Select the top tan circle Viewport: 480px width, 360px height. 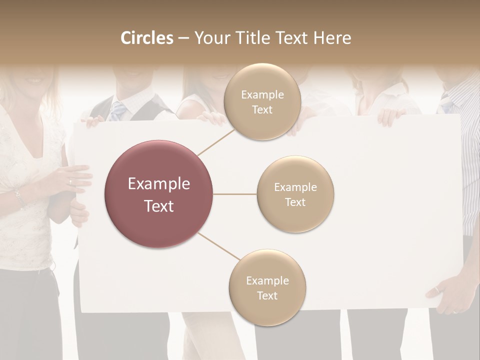coord(262,101)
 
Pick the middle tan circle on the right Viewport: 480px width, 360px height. coord(295,194)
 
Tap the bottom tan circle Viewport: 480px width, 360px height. coord(267,287)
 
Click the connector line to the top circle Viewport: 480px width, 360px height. coord(216,141)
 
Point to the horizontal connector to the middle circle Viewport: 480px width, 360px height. coord(234,194)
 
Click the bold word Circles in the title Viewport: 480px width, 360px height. coord(147,38)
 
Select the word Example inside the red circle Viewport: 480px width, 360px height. coord(158,184)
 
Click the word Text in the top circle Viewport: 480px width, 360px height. coord(262,109)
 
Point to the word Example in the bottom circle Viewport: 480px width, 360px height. coord(267,280)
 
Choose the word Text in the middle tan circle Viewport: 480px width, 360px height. coord(295,202)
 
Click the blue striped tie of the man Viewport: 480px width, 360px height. coord(117,111)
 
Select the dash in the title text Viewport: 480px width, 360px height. coord(183,38)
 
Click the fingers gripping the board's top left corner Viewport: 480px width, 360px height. coord(92,120)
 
